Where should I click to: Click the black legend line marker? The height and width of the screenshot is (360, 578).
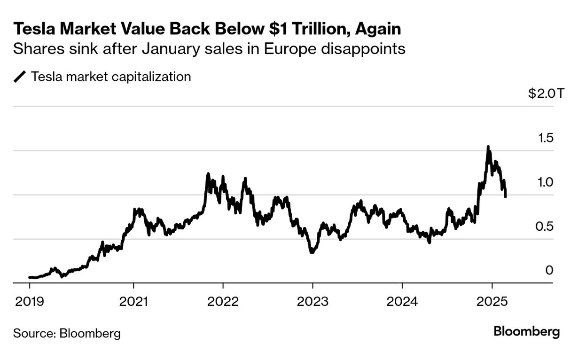click(20, 77)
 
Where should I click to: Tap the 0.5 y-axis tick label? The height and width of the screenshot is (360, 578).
click(545, 227)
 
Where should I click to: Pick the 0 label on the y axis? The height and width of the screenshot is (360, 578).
click(549, 270)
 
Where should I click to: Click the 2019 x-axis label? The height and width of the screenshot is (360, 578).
click(29, 301)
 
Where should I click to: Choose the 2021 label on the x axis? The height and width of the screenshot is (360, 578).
click(133, 301)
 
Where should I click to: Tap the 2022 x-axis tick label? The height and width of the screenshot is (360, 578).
click(223, 301)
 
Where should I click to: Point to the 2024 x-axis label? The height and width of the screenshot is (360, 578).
click(402, 301)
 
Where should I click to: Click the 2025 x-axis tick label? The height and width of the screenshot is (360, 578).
click(492, 301)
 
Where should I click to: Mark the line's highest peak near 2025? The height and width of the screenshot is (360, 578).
click(488, 147)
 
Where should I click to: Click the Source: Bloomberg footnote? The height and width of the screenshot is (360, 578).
click(67, 334)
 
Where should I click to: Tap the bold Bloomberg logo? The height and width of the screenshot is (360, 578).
click(526, 332)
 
